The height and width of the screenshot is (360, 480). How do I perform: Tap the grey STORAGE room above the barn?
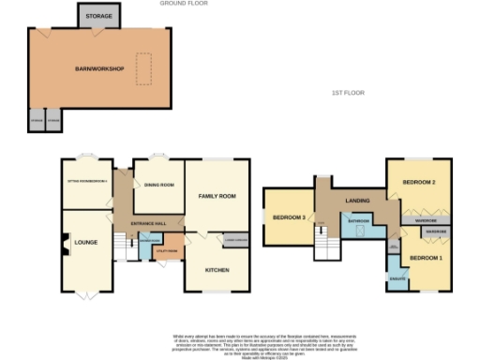click(98, 17)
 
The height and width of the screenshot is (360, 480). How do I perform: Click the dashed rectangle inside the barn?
click(144, 67)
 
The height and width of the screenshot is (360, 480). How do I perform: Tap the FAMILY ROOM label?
click(217, 197)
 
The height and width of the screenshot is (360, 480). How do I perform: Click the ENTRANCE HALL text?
click(148, 222)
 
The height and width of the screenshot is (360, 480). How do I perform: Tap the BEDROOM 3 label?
click(289, 217)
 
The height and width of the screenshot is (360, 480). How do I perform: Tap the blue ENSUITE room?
click(397, 278)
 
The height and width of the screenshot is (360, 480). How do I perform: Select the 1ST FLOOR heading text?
click(347, 93)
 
